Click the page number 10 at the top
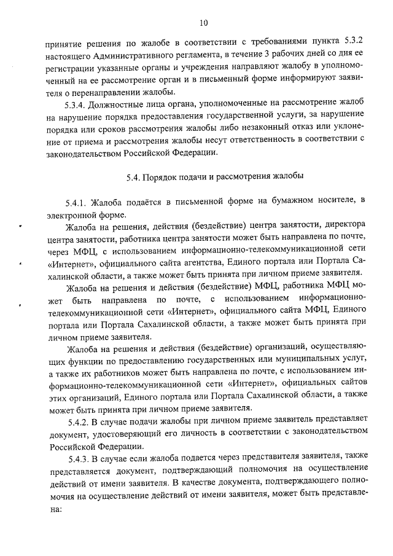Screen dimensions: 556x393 tap(203, 23)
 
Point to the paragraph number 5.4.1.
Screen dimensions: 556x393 tap(77, 203)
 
